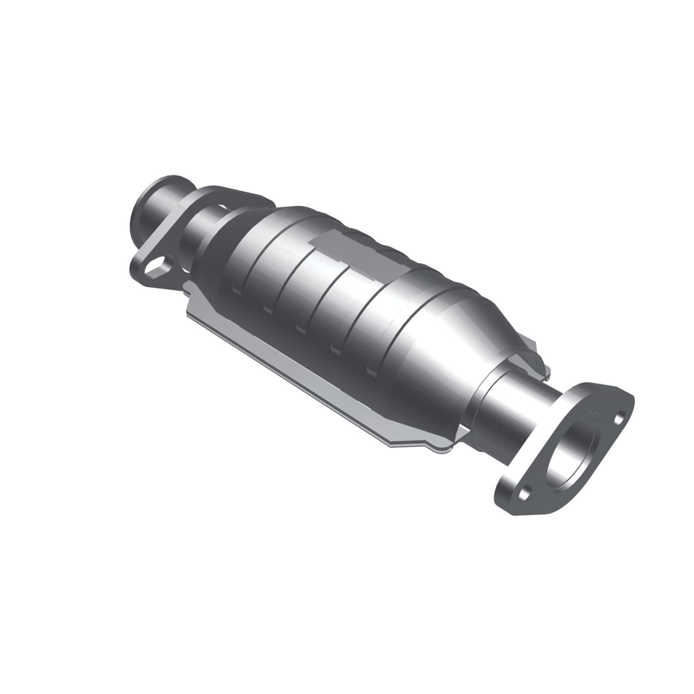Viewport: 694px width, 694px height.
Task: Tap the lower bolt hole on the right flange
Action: [523, 494]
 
